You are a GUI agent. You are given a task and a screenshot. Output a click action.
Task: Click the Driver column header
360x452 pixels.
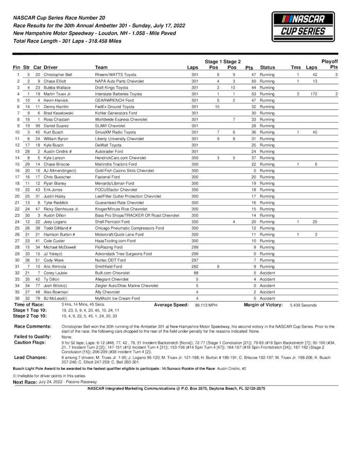point(50,67)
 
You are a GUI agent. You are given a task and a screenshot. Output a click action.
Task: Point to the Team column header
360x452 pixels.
point(101,67)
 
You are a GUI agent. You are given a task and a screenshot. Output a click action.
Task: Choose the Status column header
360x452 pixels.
point(267,67)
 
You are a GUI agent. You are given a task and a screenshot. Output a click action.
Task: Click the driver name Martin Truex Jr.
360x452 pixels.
point(58,94)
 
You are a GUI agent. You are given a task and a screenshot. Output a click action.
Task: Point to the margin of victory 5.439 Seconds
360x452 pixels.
point(303,305)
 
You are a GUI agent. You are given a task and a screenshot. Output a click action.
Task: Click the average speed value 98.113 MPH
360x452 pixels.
point(205,305)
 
